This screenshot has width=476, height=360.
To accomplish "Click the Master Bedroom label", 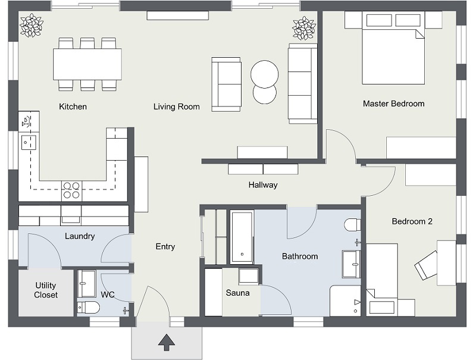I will [x=393, y=104].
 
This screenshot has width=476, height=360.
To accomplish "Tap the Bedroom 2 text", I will [x=412, y=221].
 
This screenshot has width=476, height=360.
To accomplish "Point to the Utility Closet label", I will [x=46, y=290].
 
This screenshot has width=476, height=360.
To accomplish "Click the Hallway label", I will [x=263, y=185].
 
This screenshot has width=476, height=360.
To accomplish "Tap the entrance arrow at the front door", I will [x=167, y=343].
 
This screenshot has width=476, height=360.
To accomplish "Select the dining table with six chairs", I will [x=87, y=64].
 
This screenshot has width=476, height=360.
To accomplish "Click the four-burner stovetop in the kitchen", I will [x=71, y=190].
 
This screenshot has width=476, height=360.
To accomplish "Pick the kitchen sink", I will [x=28, y=142].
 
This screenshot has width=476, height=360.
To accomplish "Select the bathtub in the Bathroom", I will [x=242, y=237].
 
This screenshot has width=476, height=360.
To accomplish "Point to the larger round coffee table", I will [x=264, y=74].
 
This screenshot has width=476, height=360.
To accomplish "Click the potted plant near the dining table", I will [x=32, y=26].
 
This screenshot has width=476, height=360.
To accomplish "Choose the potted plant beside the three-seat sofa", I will [x=303, y=28].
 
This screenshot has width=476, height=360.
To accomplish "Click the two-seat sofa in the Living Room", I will [x=227, y=84].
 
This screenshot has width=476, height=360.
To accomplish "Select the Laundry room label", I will [x=80, y=236].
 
